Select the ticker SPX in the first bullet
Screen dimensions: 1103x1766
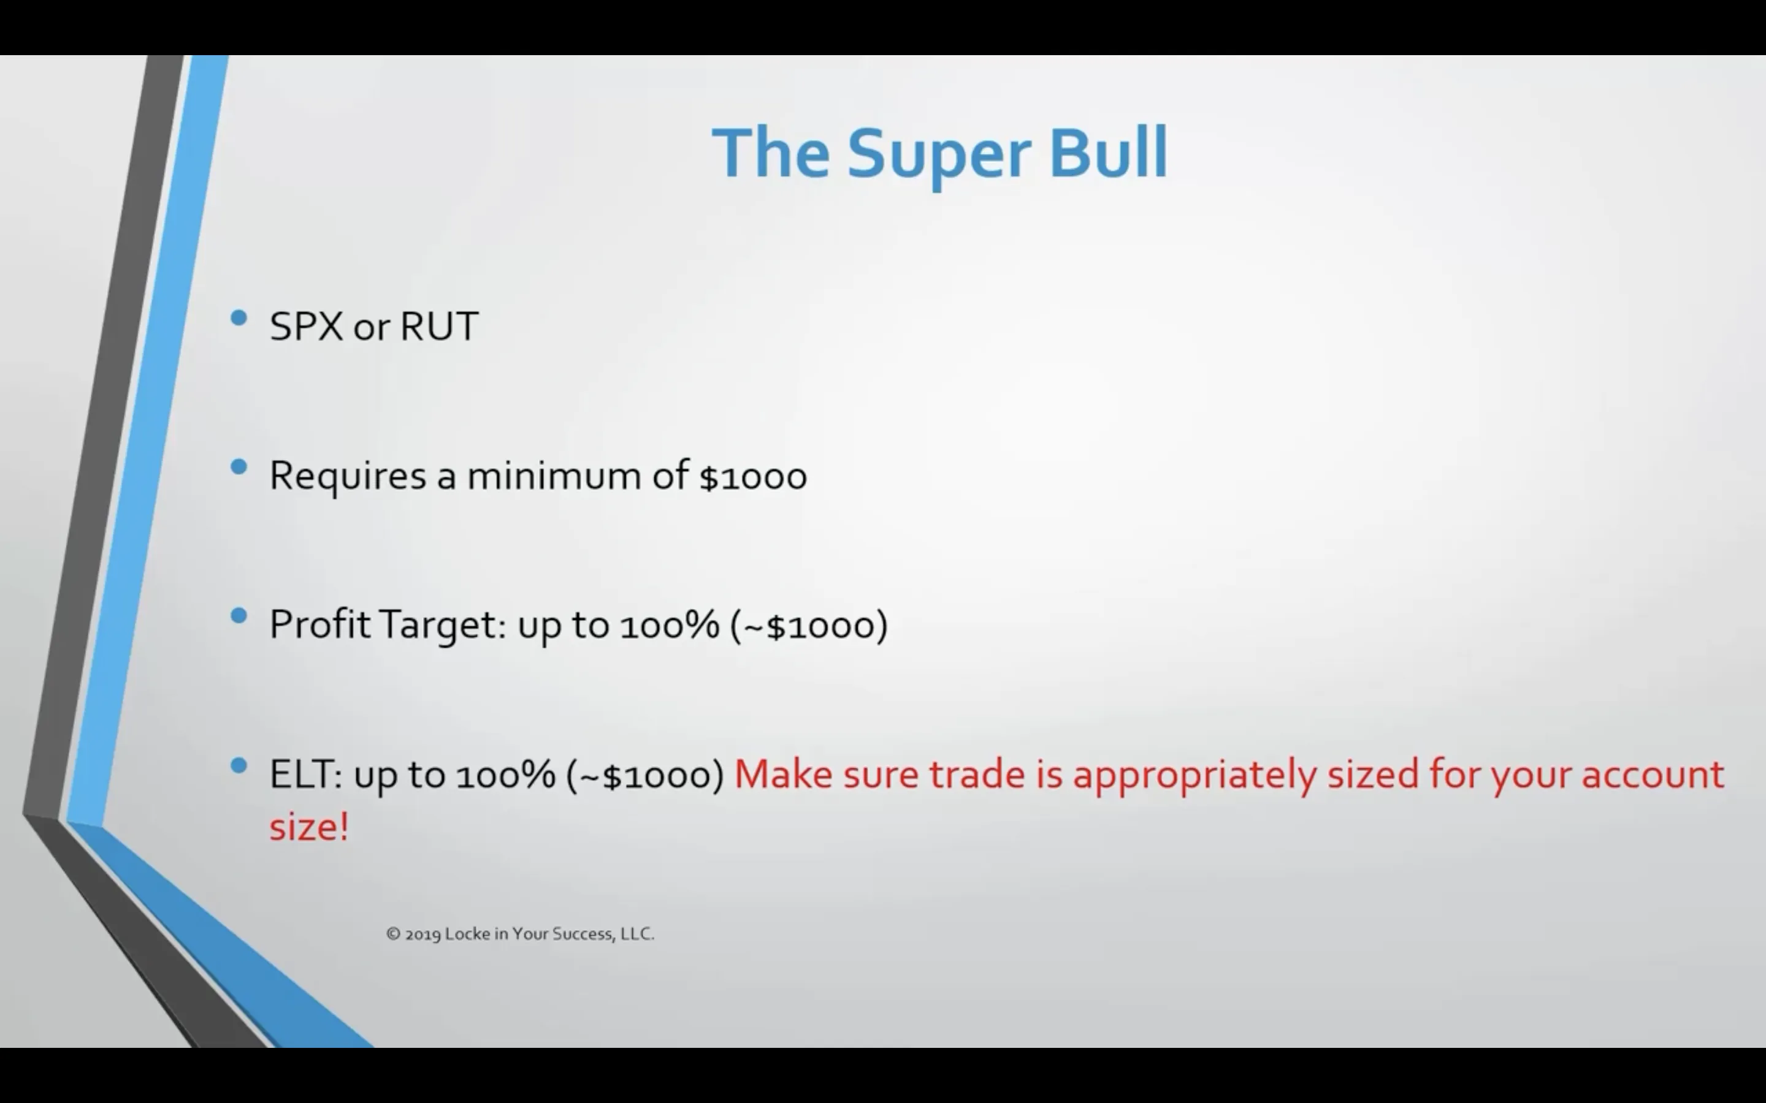[x=306, y=326]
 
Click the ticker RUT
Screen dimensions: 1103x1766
[x=438, y=326]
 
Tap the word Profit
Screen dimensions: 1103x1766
[x=319, y=625]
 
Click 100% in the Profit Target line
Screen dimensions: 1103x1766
[x=669, y=626]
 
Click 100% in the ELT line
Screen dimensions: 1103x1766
[x=505, y=775]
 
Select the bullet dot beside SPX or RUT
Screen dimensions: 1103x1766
[x=239, y=318]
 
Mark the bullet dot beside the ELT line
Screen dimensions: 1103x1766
[x=239, y=766]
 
